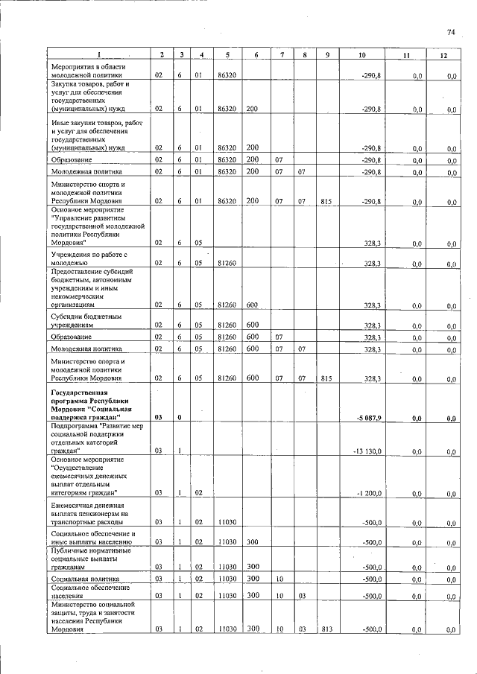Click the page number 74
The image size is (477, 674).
click(x=450, y=32)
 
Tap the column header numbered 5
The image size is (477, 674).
click(x=227, y=56)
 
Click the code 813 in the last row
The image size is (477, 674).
click(x=326, y=629)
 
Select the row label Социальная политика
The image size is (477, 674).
click(x=77, y=578)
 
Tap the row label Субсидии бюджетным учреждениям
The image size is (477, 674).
click(x=77, y=321)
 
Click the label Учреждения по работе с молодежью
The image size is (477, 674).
click(x=79, y=259)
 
